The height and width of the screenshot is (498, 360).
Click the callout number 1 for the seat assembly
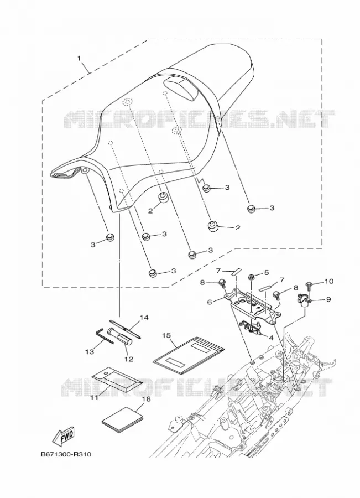(79, 59)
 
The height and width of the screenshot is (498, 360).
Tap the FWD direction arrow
(64, 435)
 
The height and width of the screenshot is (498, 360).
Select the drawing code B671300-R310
(66, 454)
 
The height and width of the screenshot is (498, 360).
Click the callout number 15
(166, 335)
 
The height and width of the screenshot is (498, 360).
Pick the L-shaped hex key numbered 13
(105, 336)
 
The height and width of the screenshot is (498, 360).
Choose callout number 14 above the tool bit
(144, 318)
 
